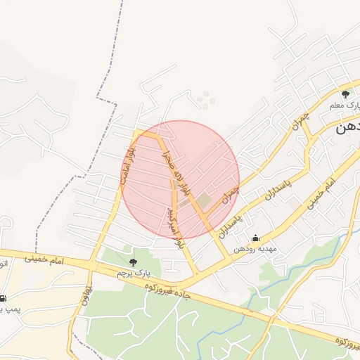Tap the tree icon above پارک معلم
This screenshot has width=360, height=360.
pyautogui.click(x=345, y=94)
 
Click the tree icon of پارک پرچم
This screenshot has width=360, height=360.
pyautogui.click(x=133, y=262)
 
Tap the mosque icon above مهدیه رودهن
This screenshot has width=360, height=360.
pyautogui.click(x=255, y=238)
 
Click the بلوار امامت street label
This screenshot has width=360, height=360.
pyautogui.click(x=126, y=165)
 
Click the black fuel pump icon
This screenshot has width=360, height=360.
pyautogui.click(x=4, y=298)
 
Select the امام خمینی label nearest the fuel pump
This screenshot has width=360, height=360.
pyautogui.click(x=44, y=259)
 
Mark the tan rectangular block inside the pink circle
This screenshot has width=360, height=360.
pyautogui.click(x=203, y=200)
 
